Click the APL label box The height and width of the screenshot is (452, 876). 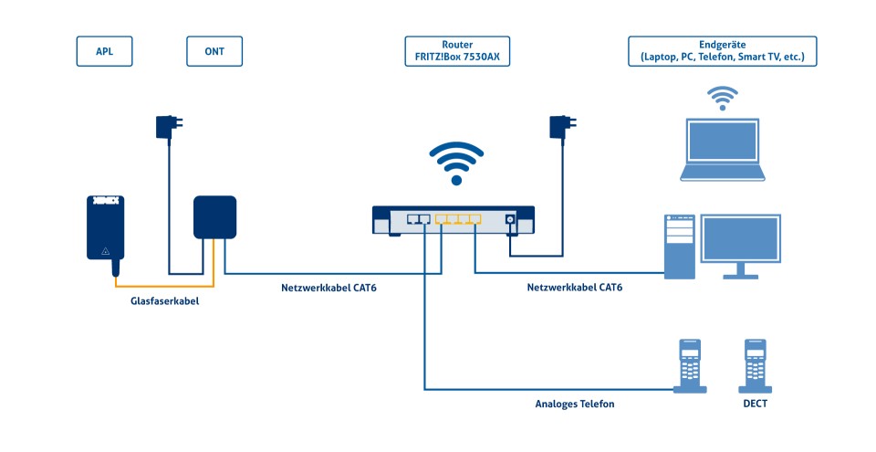pos(103,52)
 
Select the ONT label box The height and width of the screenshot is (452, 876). pos(215,52)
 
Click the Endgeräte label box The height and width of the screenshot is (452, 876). pos(722,52)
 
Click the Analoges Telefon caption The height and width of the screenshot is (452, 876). pos(574,403)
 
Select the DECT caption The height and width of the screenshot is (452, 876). pos(756,403)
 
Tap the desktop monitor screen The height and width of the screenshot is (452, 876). pos(740,239)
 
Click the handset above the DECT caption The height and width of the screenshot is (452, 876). pos(756,365)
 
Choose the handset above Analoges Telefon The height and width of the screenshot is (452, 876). pos(691,365)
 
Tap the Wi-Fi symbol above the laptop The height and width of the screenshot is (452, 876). pos(724,97)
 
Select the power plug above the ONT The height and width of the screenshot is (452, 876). pos(168,126)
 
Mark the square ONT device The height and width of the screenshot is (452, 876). pos(215,216)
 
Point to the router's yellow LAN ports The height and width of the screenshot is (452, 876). pos(458,219)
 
